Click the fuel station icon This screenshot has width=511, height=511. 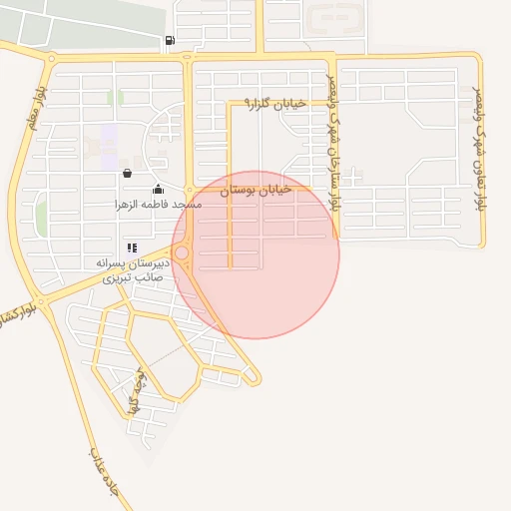170,40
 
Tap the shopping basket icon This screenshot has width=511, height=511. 127,173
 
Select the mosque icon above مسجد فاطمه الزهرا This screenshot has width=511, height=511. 158,189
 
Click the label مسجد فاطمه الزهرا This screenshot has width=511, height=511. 158,204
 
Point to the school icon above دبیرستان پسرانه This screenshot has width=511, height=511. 132,248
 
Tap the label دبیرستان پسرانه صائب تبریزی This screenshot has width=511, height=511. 134,269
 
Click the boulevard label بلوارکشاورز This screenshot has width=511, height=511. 18,316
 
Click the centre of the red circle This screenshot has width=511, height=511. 255,255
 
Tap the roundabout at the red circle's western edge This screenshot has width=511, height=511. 182,254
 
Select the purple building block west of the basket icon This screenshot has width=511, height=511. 108,135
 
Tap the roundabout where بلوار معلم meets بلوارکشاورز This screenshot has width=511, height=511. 42,300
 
